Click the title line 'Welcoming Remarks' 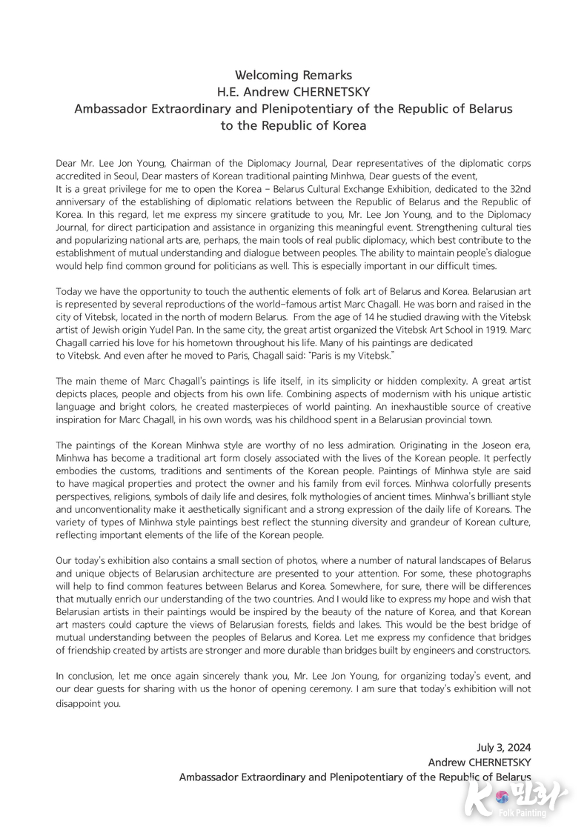pos(293,75)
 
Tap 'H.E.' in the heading pos(230,92)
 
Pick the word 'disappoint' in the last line pos(80,704)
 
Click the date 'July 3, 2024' pos(503,747)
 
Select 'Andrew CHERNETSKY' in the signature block pos(480,762)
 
